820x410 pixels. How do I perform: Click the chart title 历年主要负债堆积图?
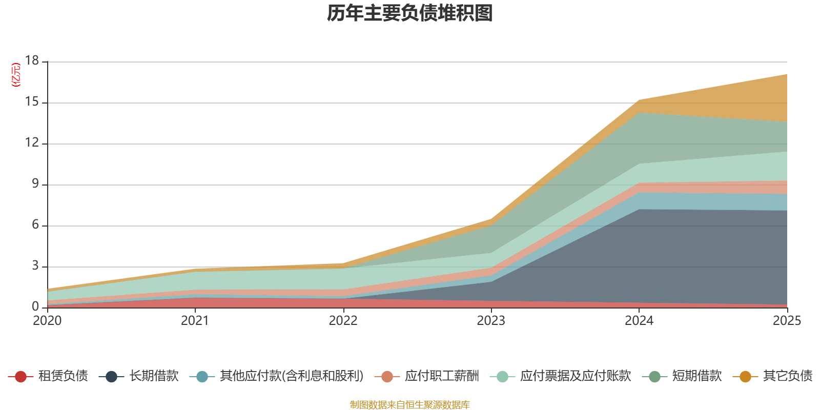click(x=410, y=13)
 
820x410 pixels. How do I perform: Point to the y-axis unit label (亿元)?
click(x=16, y=75)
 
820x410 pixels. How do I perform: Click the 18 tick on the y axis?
click(x=32, y=60)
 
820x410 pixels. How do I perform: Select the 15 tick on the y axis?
click(x=32, y=102)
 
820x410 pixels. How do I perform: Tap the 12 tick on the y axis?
click(x=32, y=143)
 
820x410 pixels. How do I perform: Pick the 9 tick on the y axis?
click(x=35, y=184)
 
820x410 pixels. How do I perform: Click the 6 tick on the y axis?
click(x=35, y=225)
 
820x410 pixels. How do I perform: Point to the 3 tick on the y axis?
click(x=35, y=266)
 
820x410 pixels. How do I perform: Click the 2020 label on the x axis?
click(x=47, y=321)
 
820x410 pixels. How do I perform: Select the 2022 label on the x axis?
click(x=343, y=321)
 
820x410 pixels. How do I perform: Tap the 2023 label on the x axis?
click(x=491, y=321)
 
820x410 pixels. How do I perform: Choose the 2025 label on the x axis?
click(x=786, y=321)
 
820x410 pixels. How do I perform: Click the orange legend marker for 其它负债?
click(x=745, y=377)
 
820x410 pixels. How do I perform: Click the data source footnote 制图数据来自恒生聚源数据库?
click(x=410, y=405)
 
